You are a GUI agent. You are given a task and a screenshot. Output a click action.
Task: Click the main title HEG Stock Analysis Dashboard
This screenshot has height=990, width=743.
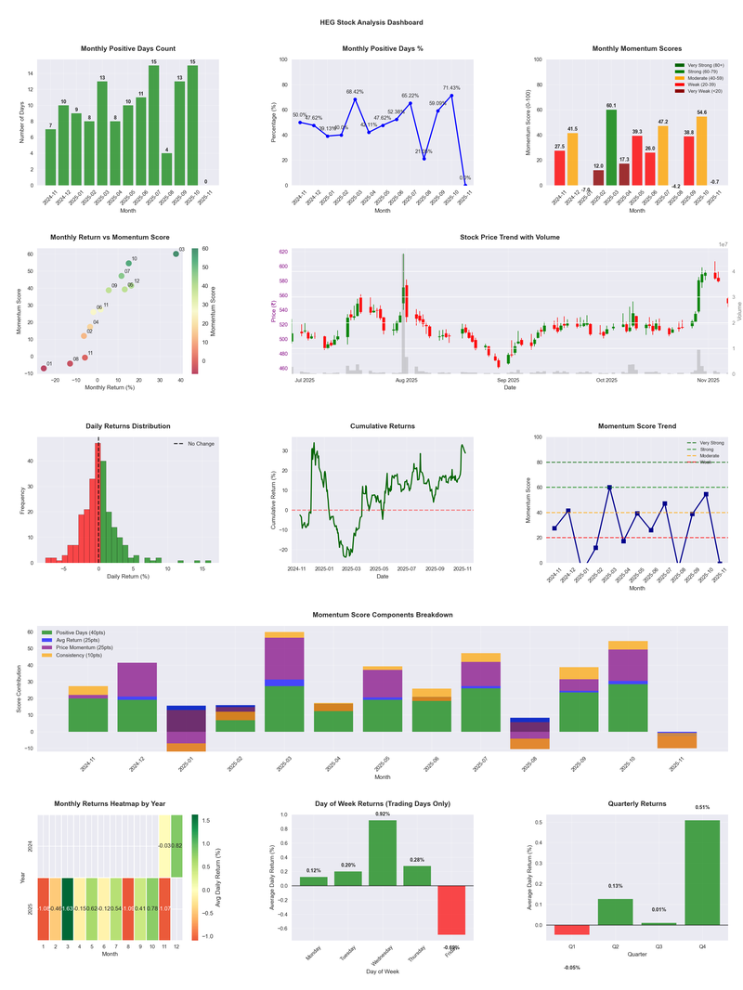tap(371, 22)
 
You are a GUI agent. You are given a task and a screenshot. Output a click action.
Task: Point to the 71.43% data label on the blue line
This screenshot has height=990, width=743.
tap(450, 85)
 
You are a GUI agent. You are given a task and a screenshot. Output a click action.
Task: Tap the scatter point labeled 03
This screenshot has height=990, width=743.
tap(176, 254)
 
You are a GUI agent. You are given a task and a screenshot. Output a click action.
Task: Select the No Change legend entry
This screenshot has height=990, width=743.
tap(194, 444)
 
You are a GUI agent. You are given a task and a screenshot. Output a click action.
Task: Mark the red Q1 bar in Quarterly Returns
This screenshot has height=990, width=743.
tap(572, 930)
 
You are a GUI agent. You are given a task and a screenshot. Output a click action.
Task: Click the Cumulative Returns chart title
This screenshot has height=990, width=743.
tap(383, 426)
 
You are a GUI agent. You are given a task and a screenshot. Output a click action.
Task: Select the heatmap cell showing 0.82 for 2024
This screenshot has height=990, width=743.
tap(176, 846)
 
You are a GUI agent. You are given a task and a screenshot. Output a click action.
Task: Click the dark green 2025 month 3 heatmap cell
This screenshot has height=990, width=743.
tap(68, 909)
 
